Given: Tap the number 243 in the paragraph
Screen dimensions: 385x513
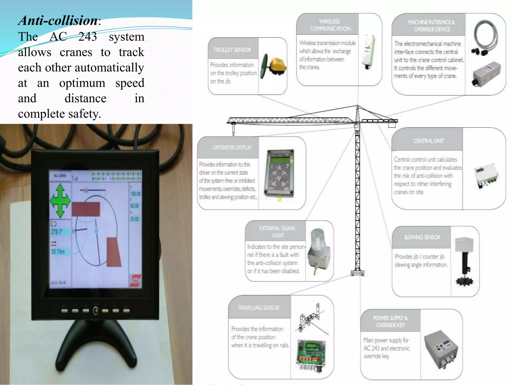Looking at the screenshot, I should (x=87, y=37).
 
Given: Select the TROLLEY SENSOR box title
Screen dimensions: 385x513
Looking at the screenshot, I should (x=232, y=50).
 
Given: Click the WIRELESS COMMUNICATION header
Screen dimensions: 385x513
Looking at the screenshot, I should (x=330, y=25).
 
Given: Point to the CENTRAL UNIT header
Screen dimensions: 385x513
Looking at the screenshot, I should (x=429, y=141).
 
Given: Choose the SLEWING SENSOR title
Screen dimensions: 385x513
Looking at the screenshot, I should (x=422, y=237).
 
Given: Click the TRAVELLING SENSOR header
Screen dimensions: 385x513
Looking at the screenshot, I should (x=258, y=308).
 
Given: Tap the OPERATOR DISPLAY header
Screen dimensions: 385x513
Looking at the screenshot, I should (x=232, y=148).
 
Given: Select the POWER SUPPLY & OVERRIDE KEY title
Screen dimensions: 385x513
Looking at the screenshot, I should (x=390, y=321).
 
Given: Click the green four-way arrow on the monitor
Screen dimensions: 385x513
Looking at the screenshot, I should (x=60, y=201).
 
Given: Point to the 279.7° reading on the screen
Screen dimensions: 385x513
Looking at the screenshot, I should (x=57, y=232).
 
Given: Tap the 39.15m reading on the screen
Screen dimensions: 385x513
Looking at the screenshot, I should (x=58, y=251).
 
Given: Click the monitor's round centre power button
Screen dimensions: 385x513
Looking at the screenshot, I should (x=96, y=311).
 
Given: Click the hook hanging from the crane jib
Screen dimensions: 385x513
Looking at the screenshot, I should (x=233, y=130).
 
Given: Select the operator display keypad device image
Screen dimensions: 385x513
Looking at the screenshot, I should (x=280, y=173).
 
